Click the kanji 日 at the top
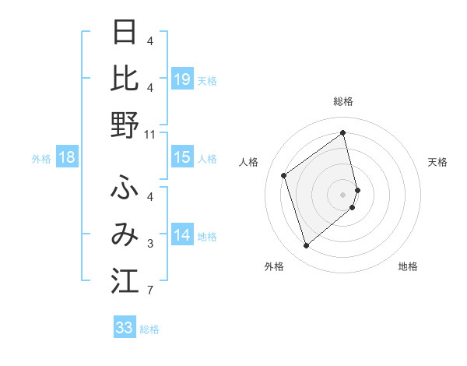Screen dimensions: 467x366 point(125,33)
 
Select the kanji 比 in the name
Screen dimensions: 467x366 point(125,78)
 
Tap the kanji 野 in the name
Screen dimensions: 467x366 point(125,125)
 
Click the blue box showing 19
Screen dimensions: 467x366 point(182,79)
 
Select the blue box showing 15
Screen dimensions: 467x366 point(182,157)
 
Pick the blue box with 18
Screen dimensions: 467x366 point(66,157)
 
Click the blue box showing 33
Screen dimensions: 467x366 point(124,328)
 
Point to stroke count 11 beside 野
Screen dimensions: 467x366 point(150,135)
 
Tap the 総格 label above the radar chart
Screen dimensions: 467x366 point(343,101)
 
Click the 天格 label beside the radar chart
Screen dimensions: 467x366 point(438,162)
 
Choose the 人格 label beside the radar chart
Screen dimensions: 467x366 point(249,162)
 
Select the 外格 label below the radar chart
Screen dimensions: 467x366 point(274,266)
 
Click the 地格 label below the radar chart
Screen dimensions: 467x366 point(408,266)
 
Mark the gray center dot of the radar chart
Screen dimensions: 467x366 point(343,192)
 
